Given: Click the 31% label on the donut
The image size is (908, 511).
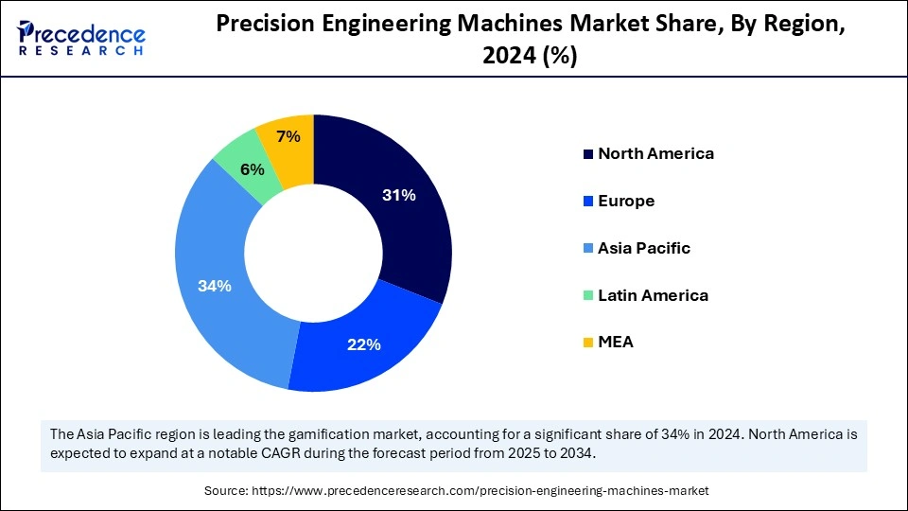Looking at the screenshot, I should [399, 196].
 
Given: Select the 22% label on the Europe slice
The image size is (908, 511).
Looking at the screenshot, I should [363, 344].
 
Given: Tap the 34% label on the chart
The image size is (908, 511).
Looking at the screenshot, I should [215, 286].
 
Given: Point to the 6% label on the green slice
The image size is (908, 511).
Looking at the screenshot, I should [252, 169].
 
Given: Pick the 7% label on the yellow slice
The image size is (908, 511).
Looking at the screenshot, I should [288, 137].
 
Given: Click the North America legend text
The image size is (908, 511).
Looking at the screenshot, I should [655, 153].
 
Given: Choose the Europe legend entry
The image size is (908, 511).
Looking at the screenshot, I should [626, 201].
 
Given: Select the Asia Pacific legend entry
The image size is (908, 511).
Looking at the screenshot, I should [644, 248].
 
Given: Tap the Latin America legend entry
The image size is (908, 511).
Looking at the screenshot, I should [653, 295].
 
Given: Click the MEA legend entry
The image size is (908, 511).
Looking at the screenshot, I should [616, 343].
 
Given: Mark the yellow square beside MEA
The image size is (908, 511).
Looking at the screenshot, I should [588, 343].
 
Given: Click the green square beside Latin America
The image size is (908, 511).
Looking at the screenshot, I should [588, 295].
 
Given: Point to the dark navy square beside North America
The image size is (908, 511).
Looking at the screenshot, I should [588, 153].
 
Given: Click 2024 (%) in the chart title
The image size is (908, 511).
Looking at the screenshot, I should [531, 57].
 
